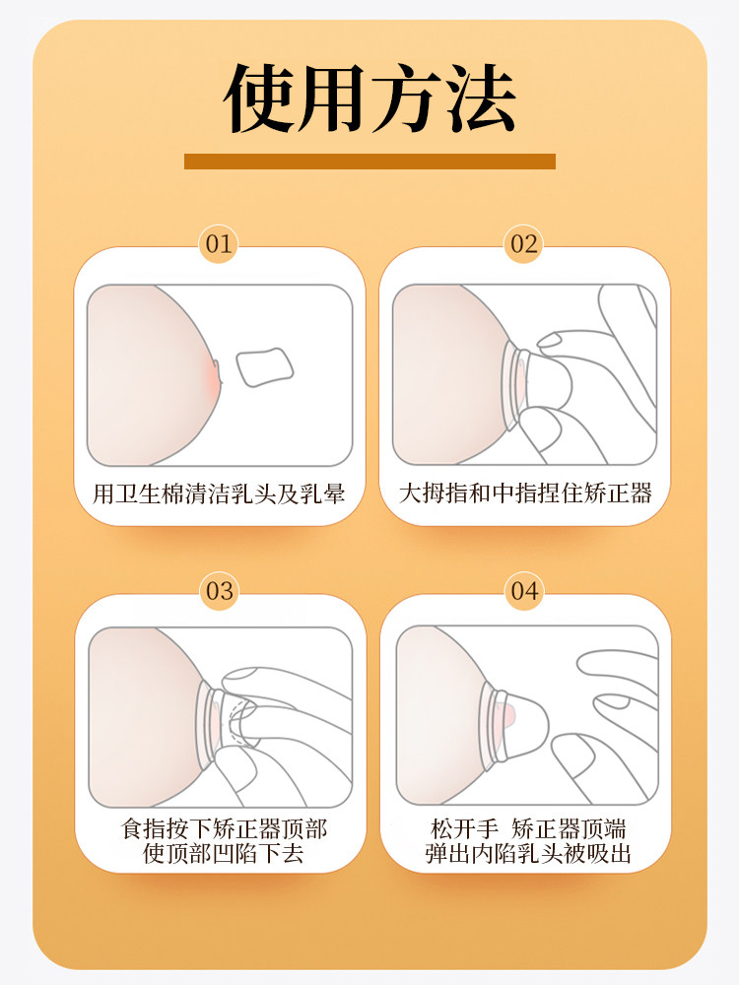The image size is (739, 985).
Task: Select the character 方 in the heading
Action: (x=406, y=100)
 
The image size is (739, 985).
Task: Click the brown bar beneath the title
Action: (x=369, y=161)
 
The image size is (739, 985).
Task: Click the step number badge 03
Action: (x=220, y=591)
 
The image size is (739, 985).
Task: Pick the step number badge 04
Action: (x=524, y=591)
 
